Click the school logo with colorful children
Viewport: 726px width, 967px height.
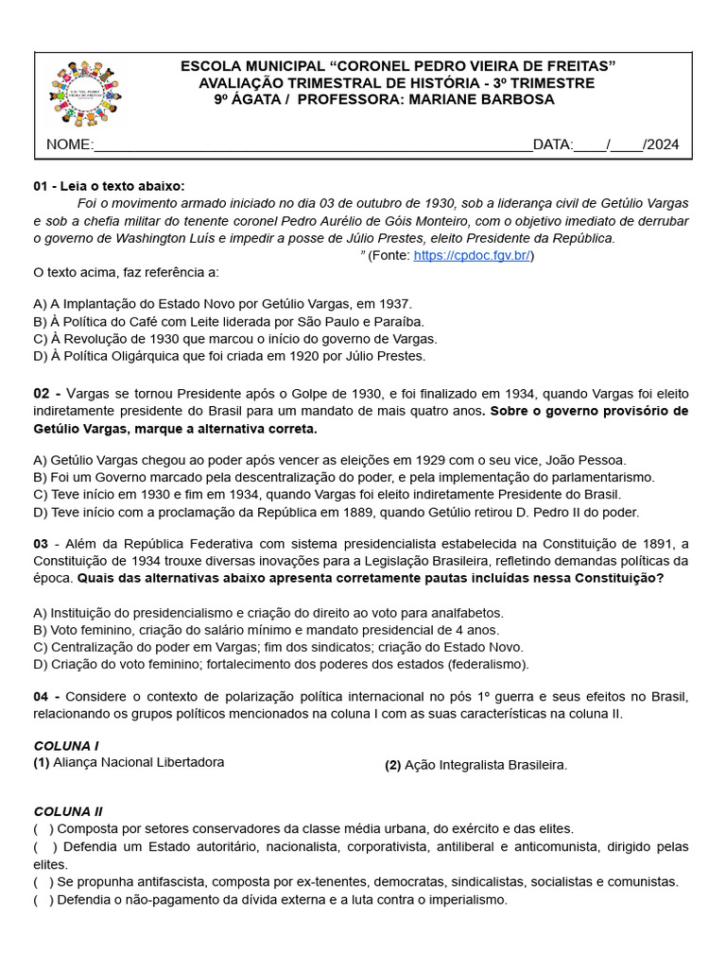coord(87,93)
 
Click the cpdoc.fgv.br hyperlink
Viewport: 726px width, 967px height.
coord(472,256)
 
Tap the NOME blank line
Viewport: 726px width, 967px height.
coord(312,144)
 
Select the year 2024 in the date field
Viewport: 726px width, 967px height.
coord(662,144)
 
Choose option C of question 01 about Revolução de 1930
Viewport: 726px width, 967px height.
coord(234,338)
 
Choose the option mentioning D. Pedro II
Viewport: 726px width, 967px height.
coord(336,512)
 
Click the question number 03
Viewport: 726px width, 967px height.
coord(41,543)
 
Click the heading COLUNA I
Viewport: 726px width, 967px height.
coord(66,745)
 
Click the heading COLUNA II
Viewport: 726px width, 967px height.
coord(68,811)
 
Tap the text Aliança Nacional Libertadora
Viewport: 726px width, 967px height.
coord(139,762)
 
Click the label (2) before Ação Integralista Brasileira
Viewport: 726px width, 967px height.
coord(392,765)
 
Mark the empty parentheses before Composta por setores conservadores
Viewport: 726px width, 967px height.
coord(43,828)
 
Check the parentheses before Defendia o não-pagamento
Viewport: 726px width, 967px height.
coord(43,900)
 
